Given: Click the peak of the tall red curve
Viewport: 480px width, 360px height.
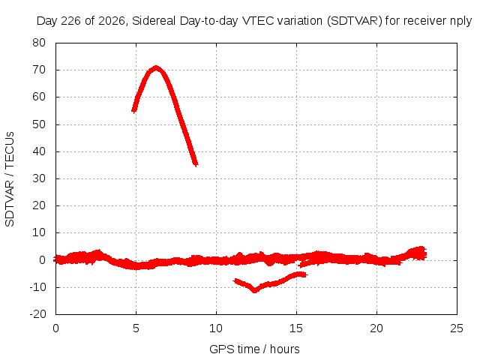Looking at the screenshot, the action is click(x=156, y=67).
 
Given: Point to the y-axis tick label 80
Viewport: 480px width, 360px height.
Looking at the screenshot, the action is click(x=39, y=43).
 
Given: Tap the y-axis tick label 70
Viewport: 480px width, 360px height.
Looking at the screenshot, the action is click(x=39, y=70).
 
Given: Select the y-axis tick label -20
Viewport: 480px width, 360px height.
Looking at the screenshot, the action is click(x=37, y=314).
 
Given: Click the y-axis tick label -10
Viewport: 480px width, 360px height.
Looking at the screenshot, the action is click(x=37, y=287).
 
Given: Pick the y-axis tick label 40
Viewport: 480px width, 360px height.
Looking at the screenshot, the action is click(x=39, y=151).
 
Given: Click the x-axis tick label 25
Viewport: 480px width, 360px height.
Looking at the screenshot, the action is click(x=457, y=328).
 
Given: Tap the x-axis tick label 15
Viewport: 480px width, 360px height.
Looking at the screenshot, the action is click(x=296, y=328).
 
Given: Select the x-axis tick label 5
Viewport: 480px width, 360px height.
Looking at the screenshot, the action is click(x=136, y=328).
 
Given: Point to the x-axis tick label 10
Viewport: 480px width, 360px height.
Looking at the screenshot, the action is click(x=216, y=328).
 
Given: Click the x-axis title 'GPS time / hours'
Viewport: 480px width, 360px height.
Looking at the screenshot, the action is click(x=254, y=349).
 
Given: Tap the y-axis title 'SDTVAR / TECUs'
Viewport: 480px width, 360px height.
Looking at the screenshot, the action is click(x=10, y=179).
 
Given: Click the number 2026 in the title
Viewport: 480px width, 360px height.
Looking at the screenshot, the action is click(x=112, y=21).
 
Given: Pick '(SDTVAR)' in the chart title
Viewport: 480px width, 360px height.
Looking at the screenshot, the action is click(x=355, y=21).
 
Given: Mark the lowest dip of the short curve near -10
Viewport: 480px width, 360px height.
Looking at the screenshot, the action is click(x=255, y=290).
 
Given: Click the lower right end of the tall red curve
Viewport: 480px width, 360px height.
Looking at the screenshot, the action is click(x=196, y=164).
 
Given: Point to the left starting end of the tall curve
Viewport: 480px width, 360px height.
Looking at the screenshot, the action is click(x=133, y=110).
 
